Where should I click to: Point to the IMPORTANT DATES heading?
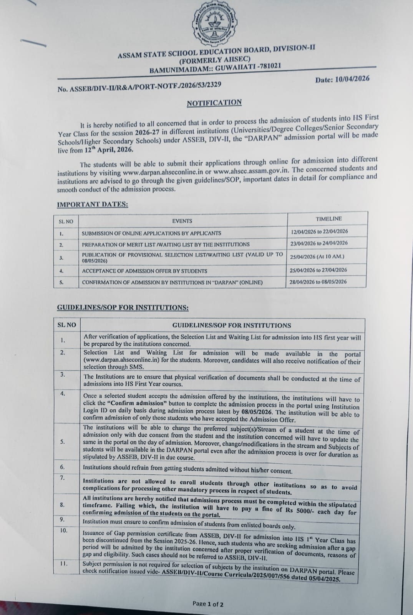click(x=92, y=204)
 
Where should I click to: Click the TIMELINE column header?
click(x=328, y=219)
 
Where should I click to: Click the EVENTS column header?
click(x=182, y=221)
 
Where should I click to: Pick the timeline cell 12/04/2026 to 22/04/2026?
click(x=319, y=231)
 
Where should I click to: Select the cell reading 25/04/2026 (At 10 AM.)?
click(x=317, y=256)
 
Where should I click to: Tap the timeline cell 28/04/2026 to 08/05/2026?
click(x=318, y=282)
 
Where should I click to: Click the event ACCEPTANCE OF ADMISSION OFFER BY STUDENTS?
click(x=144, y=271)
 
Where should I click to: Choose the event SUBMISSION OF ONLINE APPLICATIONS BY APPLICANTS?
click(x=151, y=233)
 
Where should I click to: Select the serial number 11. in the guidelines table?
click(x=63, y=564)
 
